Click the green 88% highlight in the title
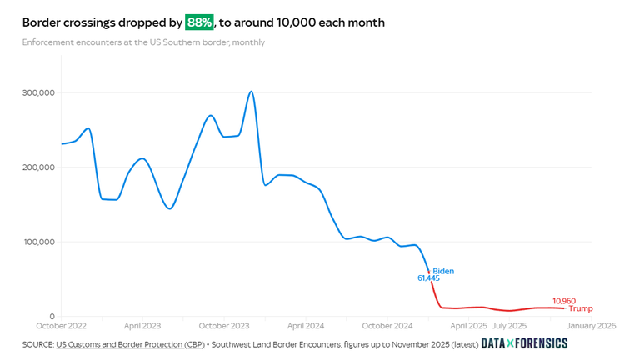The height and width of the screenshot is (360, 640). click(x=198, y=22)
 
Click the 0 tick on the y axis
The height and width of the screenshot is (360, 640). click(x=52, y=317)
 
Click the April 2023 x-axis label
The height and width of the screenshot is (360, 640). click(x=142, y=326)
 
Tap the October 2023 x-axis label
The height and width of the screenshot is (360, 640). click(x=225, y=326)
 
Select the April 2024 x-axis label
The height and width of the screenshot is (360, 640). click(x=305, y=326)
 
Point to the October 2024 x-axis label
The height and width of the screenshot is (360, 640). click(x=388, y=326)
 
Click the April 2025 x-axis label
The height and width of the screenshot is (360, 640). click(x=467, y=326)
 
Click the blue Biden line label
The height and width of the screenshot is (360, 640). click(x=443, y=271)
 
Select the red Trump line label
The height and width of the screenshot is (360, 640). click(x=580, y=308)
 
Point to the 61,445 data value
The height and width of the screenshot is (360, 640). click(x=428, y=277)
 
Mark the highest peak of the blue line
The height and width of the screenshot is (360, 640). click(x=252, y=92)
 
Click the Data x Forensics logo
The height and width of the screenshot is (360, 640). click(x=524, y=343)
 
